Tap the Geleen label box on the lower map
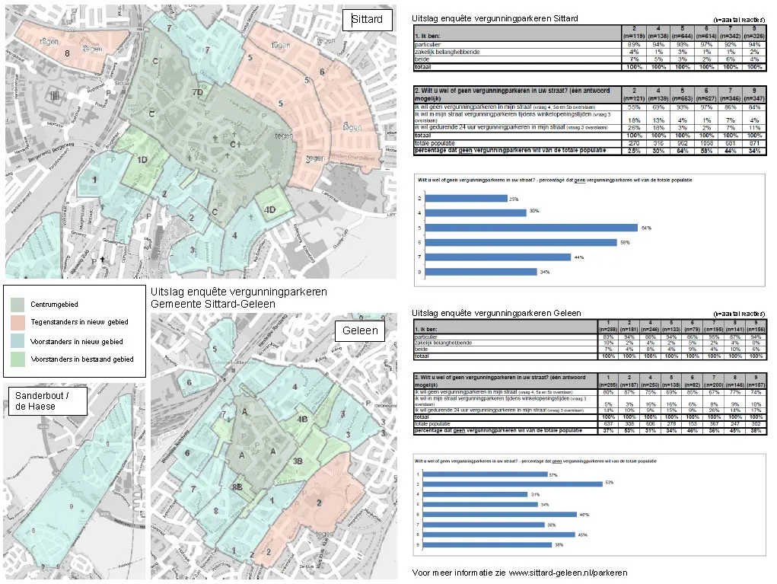[360, 331]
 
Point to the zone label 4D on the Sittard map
[269, 209]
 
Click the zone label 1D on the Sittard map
[142, 159]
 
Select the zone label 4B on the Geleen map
[302, 420]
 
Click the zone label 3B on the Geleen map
[298, 461]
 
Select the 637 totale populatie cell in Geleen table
[608, 424]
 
